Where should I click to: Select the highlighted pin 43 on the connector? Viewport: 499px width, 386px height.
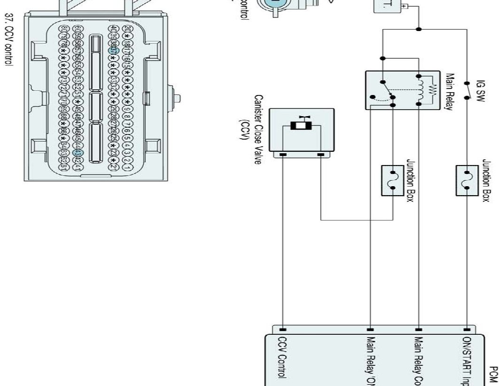coord(79,152)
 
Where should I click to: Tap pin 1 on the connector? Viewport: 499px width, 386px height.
coord(127,168)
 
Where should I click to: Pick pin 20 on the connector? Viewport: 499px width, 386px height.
coord(127,29)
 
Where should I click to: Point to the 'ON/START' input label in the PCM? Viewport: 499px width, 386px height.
coord(467,360)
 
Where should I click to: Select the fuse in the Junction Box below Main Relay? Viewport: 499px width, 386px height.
coord(393,180)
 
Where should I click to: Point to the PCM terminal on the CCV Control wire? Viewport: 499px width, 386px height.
coord(283,329)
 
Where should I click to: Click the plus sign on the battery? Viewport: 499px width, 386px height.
coord(403,7)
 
